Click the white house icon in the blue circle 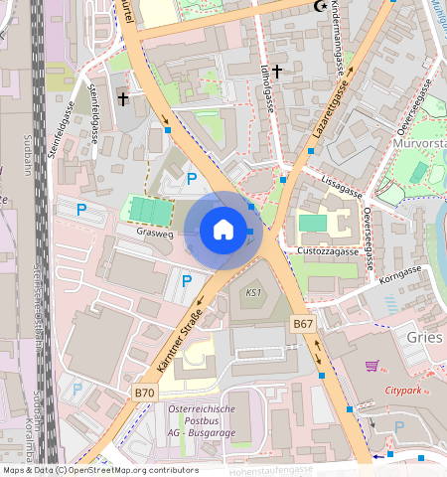pyautogui.click(x=223, y=230)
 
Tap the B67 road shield pyautogui.click(x=304, y=325)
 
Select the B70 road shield pyautogui.click(x=145, y=395)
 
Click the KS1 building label pyautogui.click(x=253, y=293)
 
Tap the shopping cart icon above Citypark pyautogui.click(x=372, y=366)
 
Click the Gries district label pyautogui.click(x=423, y=337)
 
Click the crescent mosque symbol pyautogui.click(x=320, y=7)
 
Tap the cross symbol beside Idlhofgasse pyautogui.click(x=278, y=71)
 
